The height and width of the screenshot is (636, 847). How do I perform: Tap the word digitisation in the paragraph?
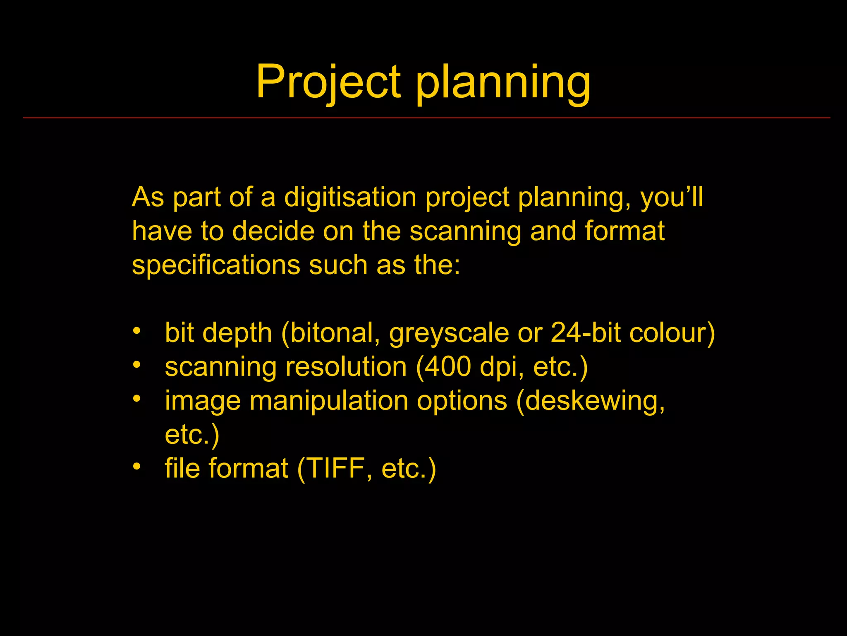coord(350,197)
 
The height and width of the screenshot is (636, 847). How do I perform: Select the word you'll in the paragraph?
coord(672,197)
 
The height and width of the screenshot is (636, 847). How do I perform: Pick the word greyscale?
coord(449,333)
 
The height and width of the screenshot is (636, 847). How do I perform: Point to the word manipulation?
coord(328,401)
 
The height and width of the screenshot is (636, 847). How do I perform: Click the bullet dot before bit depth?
coord(137,331)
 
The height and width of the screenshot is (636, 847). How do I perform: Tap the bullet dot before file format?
coord(137,466)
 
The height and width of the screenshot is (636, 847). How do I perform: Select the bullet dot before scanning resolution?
coord(137,365)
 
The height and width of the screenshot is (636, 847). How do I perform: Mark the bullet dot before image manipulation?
coord(137,399)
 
